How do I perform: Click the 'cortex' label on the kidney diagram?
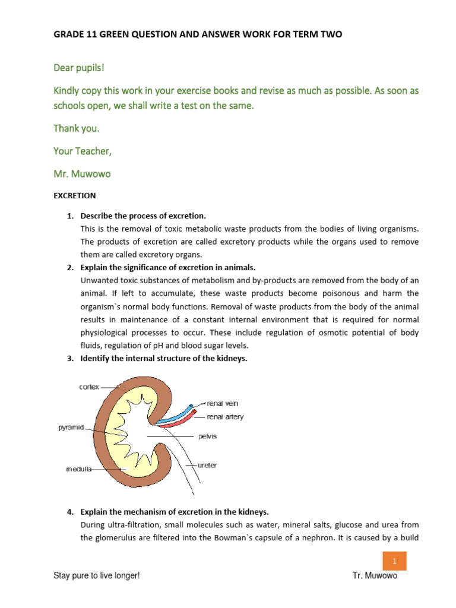click(x=89, y=387)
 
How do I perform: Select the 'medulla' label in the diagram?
click(x=78, y=469)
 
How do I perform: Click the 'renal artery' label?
click(x=224, y=417)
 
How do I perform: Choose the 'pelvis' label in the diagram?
click(x=208, y=436)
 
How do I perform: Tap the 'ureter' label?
click(x=207, y=465)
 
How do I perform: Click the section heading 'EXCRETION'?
click(x=75, y=195)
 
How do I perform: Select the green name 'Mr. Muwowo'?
click(x=82, y=173)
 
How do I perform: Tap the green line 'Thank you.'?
click(x=77, y=128)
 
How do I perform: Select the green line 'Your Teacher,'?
click(x=83, y=151)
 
